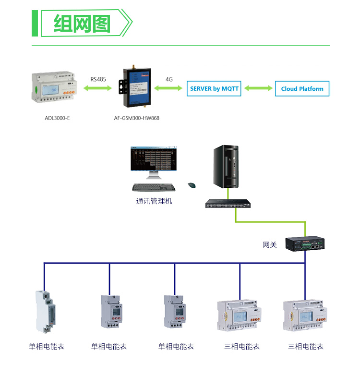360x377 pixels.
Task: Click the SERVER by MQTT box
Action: (214, 88)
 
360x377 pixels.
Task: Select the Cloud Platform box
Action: (302, 88)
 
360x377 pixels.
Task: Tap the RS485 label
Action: (98, 79)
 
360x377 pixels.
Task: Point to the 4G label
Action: (169, 79)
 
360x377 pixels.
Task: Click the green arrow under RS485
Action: (97, 88)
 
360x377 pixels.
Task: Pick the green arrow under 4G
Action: (168, 88)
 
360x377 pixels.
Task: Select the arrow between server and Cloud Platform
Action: (258, 88)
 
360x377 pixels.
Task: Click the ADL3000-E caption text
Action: (57, 118)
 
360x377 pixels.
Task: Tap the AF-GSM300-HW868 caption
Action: (136, 118)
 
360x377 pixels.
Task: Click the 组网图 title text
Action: (82, 24)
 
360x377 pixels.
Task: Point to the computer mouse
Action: (192, 185)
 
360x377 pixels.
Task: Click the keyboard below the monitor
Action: (154, 187)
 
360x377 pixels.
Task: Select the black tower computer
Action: (226, 166)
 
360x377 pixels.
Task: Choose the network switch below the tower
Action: (228, 204)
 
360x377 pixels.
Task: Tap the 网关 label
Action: (270, 245)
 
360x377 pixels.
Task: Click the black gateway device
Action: (305, 243)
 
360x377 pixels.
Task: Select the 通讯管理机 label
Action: (154, 201)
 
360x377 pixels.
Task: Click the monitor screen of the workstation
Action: (154, 158)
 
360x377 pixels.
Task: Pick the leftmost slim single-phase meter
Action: (46, 312)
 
